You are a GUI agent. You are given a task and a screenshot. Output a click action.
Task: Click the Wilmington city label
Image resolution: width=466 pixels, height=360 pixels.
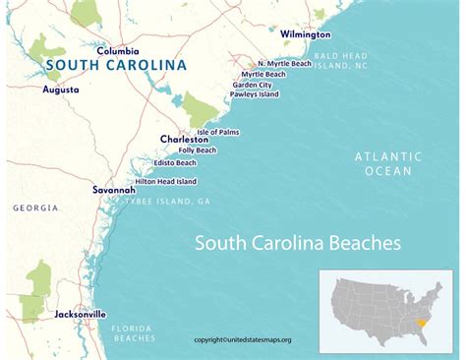coord(306,33)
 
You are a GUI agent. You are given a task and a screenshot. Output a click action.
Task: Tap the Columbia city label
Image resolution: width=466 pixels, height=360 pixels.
coord(118,50)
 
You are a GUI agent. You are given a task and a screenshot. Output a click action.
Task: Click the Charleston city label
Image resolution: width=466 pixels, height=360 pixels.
coord(184,140)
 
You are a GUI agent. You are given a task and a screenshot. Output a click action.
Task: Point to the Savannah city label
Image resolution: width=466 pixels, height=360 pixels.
coord(113,189)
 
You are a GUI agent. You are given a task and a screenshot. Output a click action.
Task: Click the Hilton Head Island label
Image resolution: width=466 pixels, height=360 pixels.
coord(165,181)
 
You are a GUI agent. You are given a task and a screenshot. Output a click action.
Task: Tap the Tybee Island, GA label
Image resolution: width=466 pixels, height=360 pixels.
coord(167,201)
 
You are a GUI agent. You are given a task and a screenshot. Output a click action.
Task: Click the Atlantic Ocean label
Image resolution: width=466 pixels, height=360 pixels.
coord(388,163)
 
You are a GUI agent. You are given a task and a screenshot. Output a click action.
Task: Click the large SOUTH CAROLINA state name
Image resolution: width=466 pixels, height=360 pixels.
coord(114,66)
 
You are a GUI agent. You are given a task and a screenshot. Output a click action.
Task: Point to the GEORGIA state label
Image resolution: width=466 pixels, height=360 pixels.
coord(33,208)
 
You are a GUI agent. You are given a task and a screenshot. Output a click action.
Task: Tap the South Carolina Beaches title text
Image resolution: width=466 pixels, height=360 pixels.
coord(297,242)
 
